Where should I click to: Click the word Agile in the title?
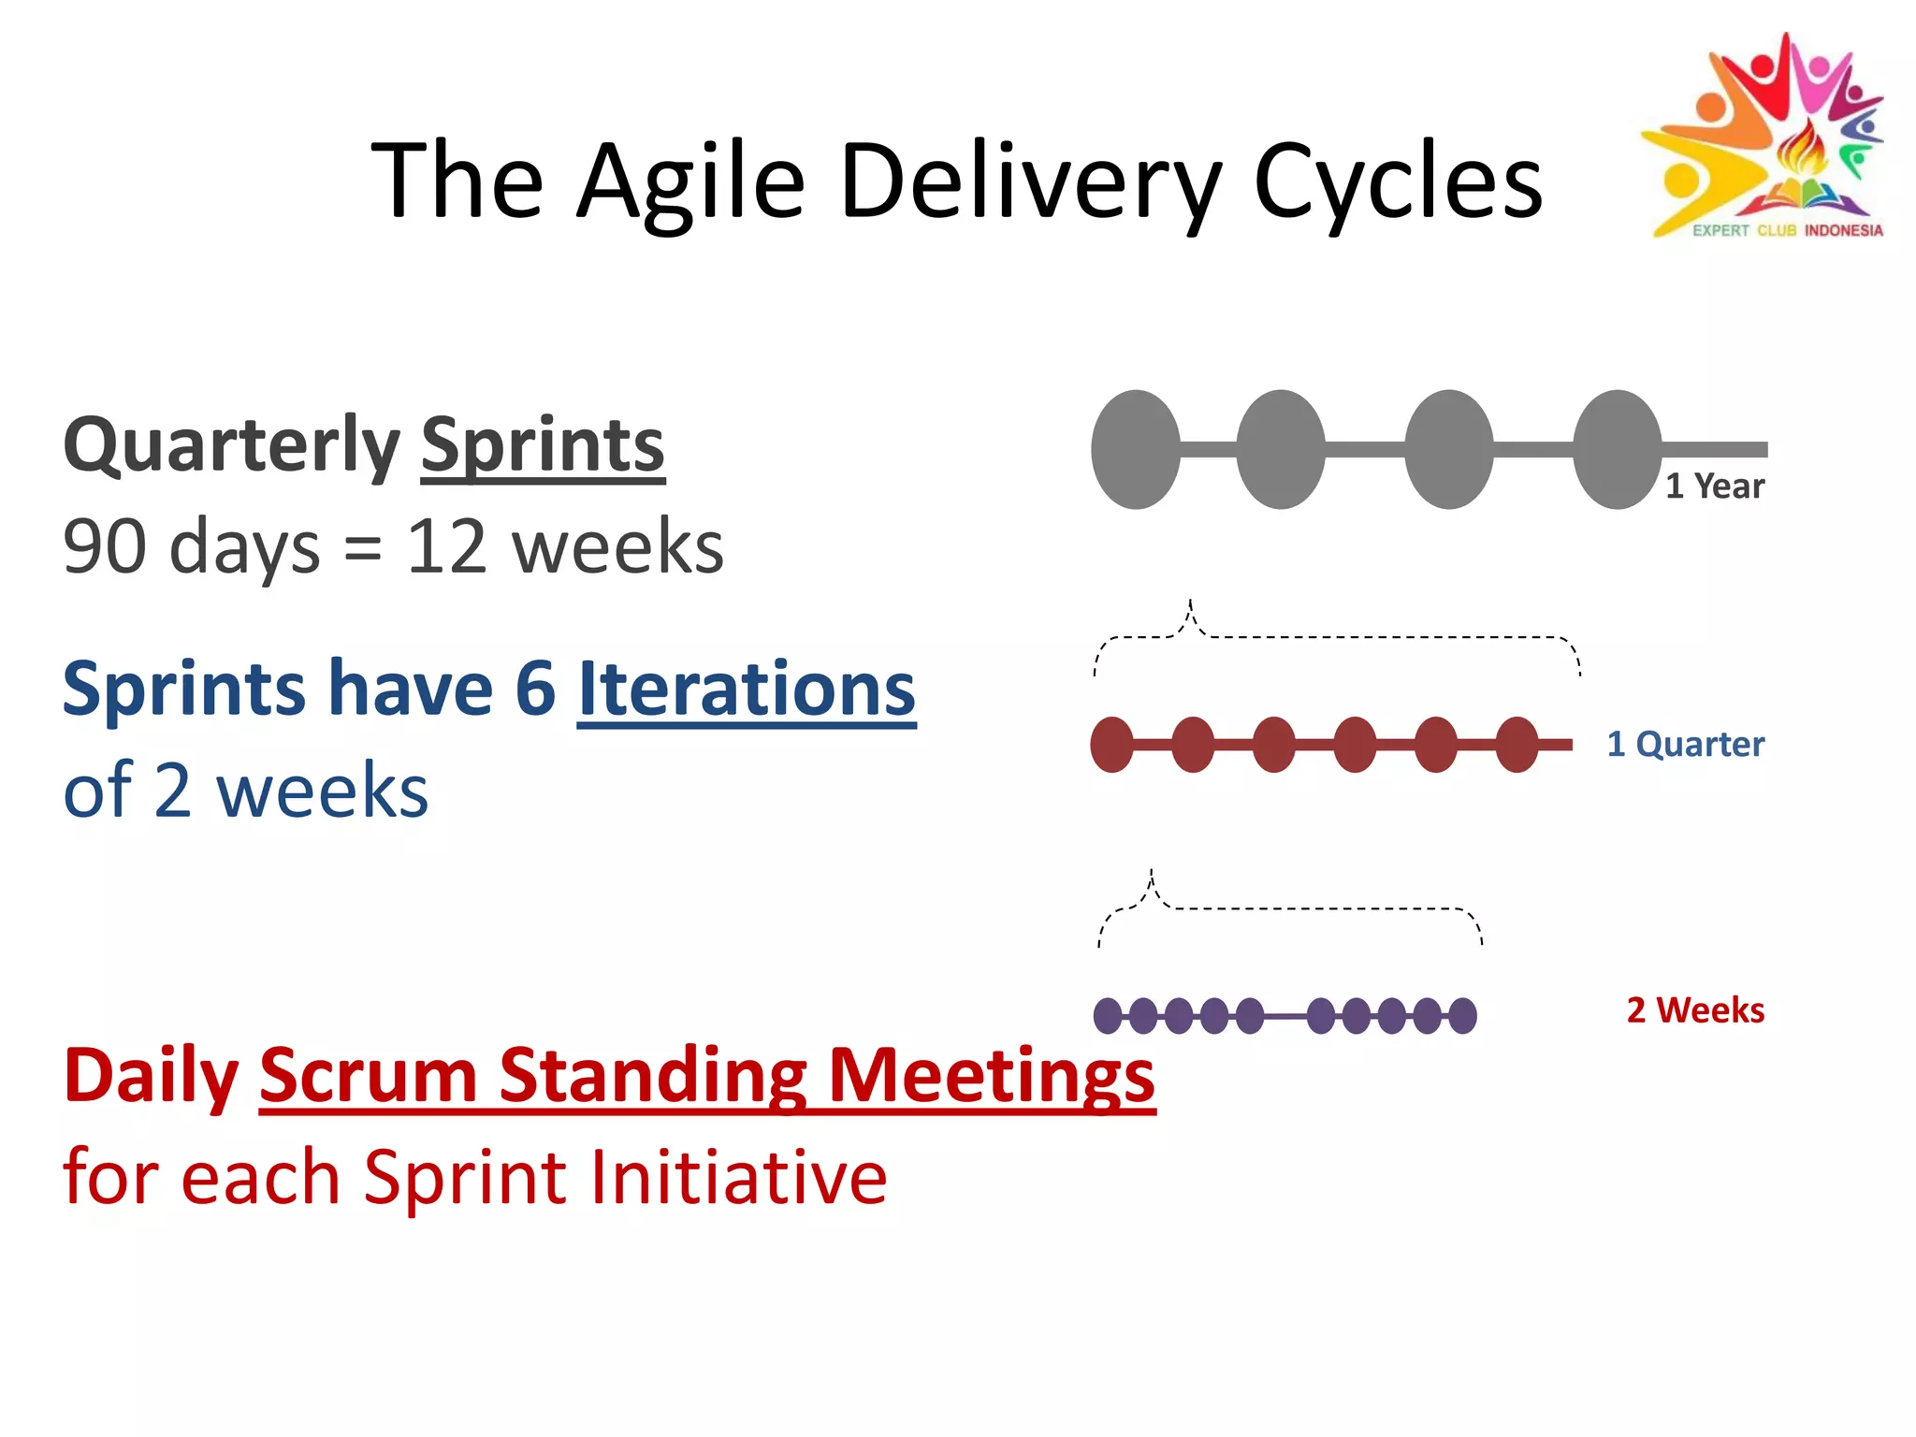pos(690,182)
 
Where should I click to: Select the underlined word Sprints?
pos(543,446)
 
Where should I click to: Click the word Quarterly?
pos(231,446)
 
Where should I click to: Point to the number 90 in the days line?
pos(104,547)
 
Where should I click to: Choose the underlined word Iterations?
pos(746,689)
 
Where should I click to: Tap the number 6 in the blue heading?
pos(535,689)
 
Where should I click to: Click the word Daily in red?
pos(151,1076)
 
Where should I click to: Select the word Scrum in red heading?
pos(369,1076)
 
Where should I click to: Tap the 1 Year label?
pos(1714,486)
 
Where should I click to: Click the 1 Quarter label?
pos(1685,745)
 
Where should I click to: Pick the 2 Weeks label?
pos(1694,1010)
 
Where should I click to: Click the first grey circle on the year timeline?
pos(1136,450)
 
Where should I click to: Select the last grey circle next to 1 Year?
pos(1617,450)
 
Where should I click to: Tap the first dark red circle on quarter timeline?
pos(1111,745)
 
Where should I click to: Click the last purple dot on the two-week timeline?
pos(1463,1015)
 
